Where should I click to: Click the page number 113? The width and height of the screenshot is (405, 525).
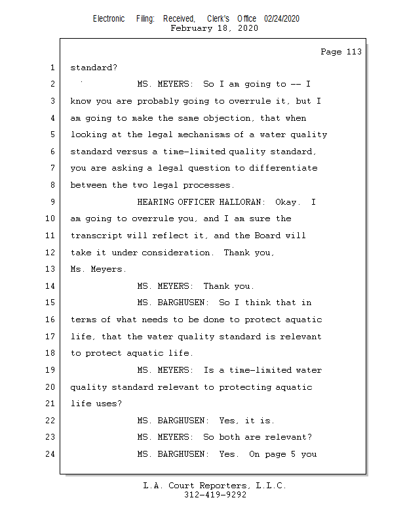click(x=354, y=52)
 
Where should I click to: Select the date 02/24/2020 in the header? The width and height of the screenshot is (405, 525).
click(x=282, y=19)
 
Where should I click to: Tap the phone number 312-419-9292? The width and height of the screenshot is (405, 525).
click(x=215, y=495)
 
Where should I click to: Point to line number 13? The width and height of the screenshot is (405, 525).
click(x=50, y=269)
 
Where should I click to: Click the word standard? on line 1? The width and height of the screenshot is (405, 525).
click(x=94, y=68)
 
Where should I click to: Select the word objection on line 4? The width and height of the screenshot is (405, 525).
click(x=227, y=118)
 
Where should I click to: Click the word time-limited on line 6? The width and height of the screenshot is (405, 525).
click(x=194, y=152)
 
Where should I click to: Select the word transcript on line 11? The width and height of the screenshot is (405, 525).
click(x=96, y=236)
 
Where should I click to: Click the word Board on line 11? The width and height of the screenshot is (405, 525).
click(x=267, y=236)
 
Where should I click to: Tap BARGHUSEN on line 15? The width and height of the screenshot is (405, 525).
click(x=181, y=303)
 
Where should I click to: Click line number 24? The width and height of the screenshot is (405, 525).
click(x=50, y=453)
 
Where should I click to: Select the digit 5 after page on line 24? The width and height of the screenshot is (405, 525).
click(x=293, y=454)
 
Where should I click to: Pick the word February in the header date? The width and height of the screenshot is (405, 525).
click(x=191, y=28)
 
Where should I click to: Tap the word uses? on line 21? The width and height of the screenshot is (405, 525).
click(x=109, y=404)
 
